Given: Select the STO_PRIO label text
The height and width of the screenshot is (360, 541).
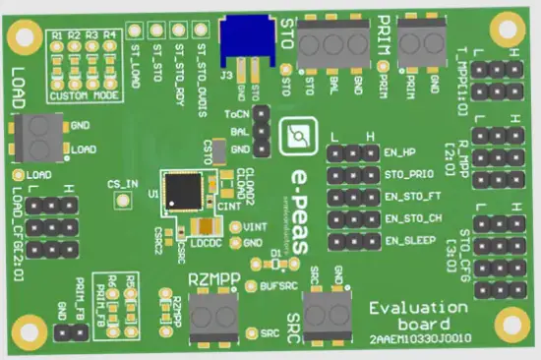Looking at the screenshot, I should pos(406,176).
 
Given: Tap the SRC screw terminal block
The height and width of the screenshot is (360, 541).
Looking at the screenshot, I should pos(328,313).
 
